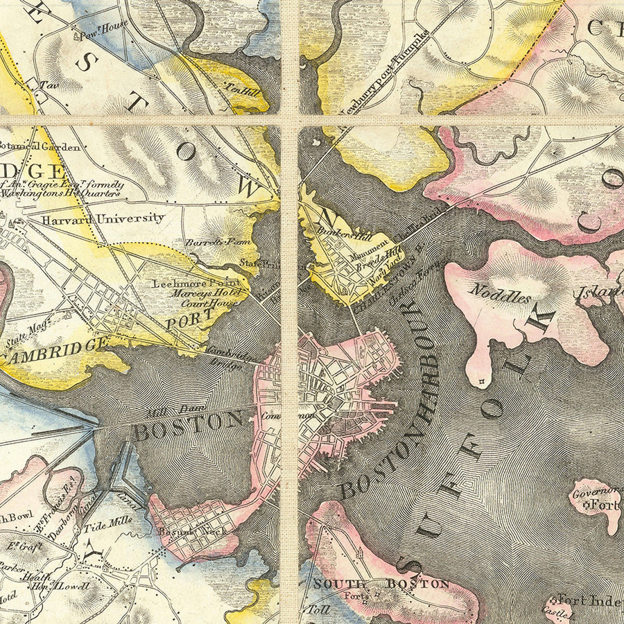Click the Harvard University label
point(103,218)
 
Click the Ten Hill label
point(240,88)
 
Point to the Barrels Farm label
point(207,243)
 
